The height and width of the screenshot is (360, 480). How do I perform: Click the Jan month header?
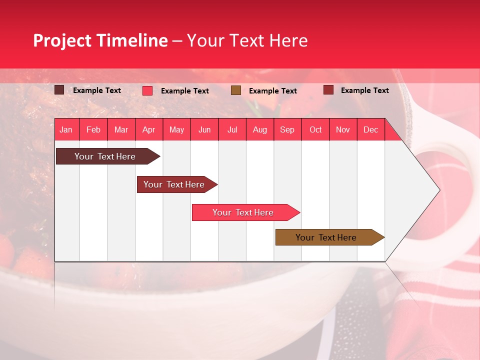(x=66, y=129)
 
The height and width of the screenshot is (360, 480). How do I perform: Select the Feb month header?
(x=93, y=129)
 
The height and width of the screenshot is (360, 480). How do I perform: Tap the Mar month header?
(x=121, y=129)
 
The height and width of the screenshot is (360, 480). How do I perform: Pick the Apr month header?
(x=149, y=129)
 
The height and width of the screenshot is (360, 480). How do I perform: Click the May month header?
(x=176, y=129)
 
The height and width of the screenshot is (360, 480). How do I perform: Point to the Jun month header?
(x=204, y=129)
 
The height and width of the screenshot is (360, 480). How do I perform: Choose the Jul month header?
(x=232, y=129)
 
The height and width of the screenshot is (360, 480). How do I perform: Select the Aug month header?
(x=260, y=129)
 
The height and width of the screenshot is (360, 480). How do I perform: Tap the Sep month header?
(x=287, y=129)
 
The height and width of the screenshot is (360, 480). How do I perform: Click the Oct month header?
(x=315, y=129)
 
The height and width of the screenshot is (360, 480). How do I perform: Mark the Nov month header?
(x=343, y=129)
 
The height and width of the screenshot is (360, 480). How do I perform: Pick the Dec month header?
(x=371, y=129)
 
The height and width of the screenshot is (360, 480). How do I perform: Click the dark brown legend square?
(x=59, y=90)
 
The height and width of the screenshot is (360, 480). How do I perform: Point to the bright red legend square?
(x=147, y=90)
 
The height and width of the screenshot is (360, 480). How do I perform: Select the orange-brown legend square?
(x=236, y=90)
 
